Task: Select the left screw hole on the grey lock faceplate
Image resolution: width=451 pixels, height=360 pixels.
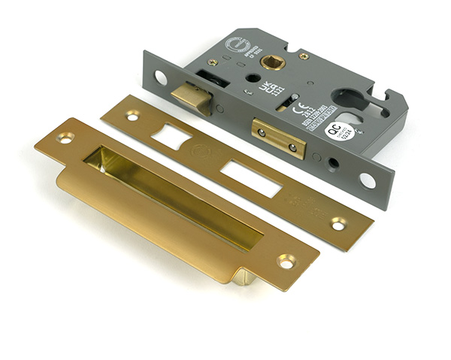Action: pos(160,77)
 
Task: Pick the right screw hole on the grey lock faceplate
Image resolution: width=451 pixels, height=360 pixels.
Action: pos(368,180)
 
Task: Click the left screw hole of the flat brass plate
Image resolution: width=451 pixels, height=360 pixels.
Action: pos(132,116)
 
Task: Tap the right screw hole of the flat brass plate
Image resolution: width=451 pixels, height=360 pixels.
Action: pos(339,224)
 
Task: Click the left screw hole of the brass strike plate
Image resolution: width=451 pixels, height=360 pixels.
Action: pos(65,138)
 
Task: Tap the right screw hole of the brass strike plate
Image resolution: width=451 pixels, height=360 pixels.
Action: pos(286,261)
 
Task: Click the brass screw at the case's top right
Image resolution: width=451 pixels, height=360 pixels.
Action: pos(304,56)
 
